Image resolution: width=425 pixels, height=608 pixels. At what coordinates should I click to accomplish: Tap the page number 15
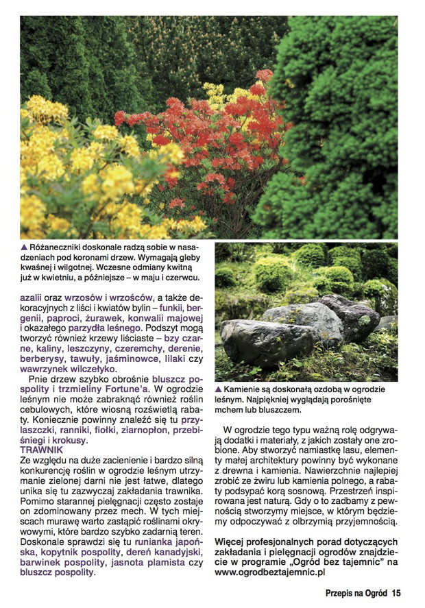click(396, 593)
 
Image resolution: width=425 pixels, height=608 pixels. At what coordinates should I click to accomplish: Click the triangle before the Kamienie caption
click(219, 389)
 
